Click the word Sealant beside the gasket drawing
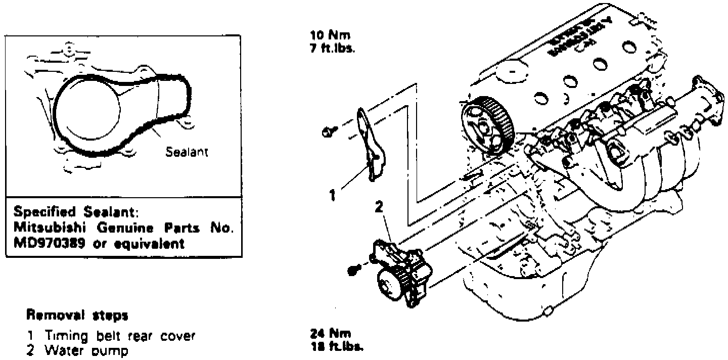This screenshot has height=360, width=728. pyautogui.click(x=187, y=152)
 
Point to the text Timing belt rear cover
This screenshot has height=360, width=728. pyautogui.click(x=120, y=336)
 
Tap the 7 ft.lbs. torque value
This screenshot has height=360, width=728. pyautogui.click(x=333, y=50)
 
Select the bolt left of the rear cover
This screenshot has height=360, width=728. pyautogui.click(x=328, y=133)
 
